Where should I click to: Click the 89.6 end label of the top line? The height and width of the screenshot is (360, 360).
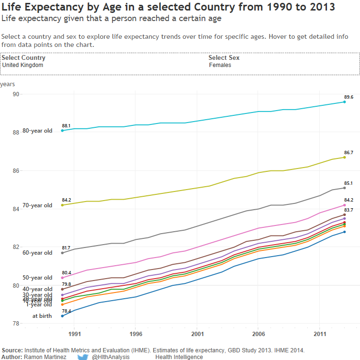[349, 97]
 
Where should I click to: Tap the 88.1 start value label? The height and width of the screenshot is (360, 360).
[66, 126]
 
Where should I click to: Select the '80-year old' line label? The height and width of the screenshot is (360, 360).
[37, 131]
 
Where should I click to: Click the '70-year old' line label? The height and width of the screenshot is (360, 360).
[37, 205]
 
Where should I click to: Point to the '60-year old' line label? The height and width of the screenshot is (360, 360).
[37, 253]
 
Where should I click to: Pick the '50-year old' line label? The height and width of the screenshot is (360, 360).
[37, 278]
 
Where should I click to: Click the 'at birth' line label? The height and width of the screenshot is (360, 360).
[42, 316]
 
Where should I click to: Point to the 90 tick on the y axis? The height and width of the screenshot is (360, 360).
[16, 94]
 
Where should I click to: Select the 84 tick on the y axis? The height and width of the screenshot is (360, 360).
[16, 209]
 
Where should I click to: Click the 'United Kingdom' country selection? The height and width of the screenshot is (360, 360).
[22, 65]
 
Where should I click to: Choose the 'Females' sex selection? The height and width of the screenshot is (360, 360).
[220, 65]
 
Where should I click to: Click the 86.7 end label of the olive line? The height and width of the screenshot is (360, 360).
[349, 153]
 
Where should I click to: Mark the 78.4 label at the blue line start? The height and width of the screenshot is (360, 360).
[66, 311]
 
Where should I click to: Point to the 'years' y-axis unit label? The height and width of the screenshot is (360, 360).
[8, 84]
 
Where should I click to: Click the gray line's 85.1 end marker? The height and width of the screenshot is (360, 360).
[344, 188]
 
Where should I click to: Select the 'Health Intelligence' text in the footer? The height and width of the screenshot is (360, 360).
[179, 357]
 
